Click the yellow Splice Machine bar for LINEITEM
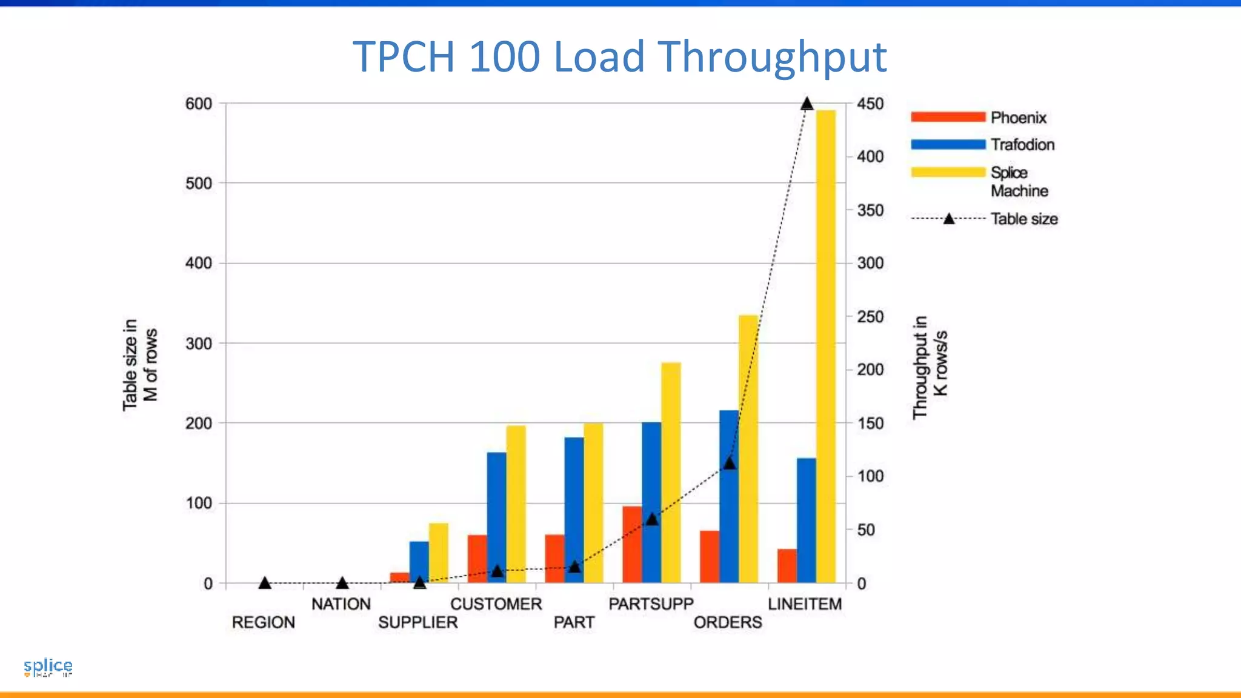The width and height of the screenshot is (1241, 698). (x=825, y=345)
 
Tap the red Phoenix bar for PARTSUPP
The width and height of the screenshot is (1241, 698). (x=632, y=545)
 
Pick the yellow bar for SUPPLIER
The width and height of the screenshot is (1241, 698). (x=438, y=553)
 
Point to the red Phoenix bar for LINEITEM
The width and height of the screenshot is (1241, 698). (x=787, y=566)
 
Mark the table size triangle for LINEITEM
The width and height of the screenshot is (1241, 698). (x=807, y=104)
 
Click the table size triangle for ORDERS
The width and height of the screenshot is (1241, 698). (x=730, y=464)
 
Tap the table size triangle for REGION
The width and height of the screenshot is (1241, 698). (x=264, y=583)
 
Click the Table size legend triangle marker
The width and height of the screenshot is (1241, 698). (x=949, y=219)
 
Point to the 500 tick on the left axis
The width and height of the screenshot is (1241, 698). (x=199, y=184)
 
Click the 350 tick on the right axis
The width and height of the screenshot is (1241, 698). (x=870, y=210)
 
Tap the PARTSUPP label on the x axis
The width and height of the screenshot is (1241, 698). (x=651, y=604)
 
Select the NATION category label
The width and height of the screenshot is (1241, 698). (x=341, y=604)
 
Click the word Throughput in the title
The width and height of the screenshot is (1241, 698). (x=772, y=57)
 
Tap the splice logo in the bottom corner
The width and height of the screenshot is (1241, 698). (x=48, y=667)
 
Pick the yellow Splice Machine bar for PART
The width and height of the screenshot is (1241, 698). (x=593, y=503)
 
